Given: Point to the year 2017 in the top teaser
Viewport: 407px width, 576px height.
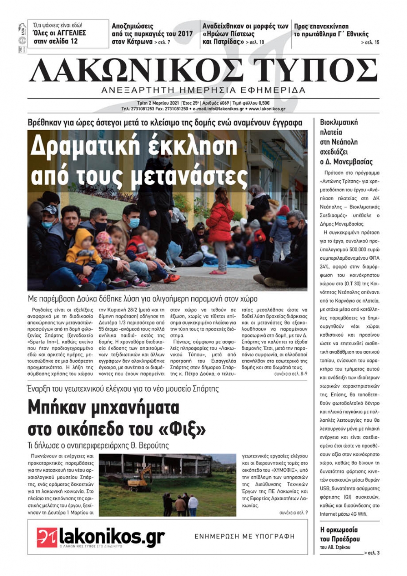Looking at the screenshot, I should click(185, 34).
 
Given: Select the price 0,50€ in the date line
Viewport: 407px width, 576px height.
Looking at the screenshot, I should click(263, 103).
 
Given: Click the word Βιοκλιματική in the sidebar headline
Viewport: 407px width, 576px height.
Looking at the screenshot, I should click(339, 122).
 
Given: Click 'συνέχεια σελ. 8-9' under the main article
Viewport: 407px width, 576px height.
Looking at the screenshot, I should click(291, 373).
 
